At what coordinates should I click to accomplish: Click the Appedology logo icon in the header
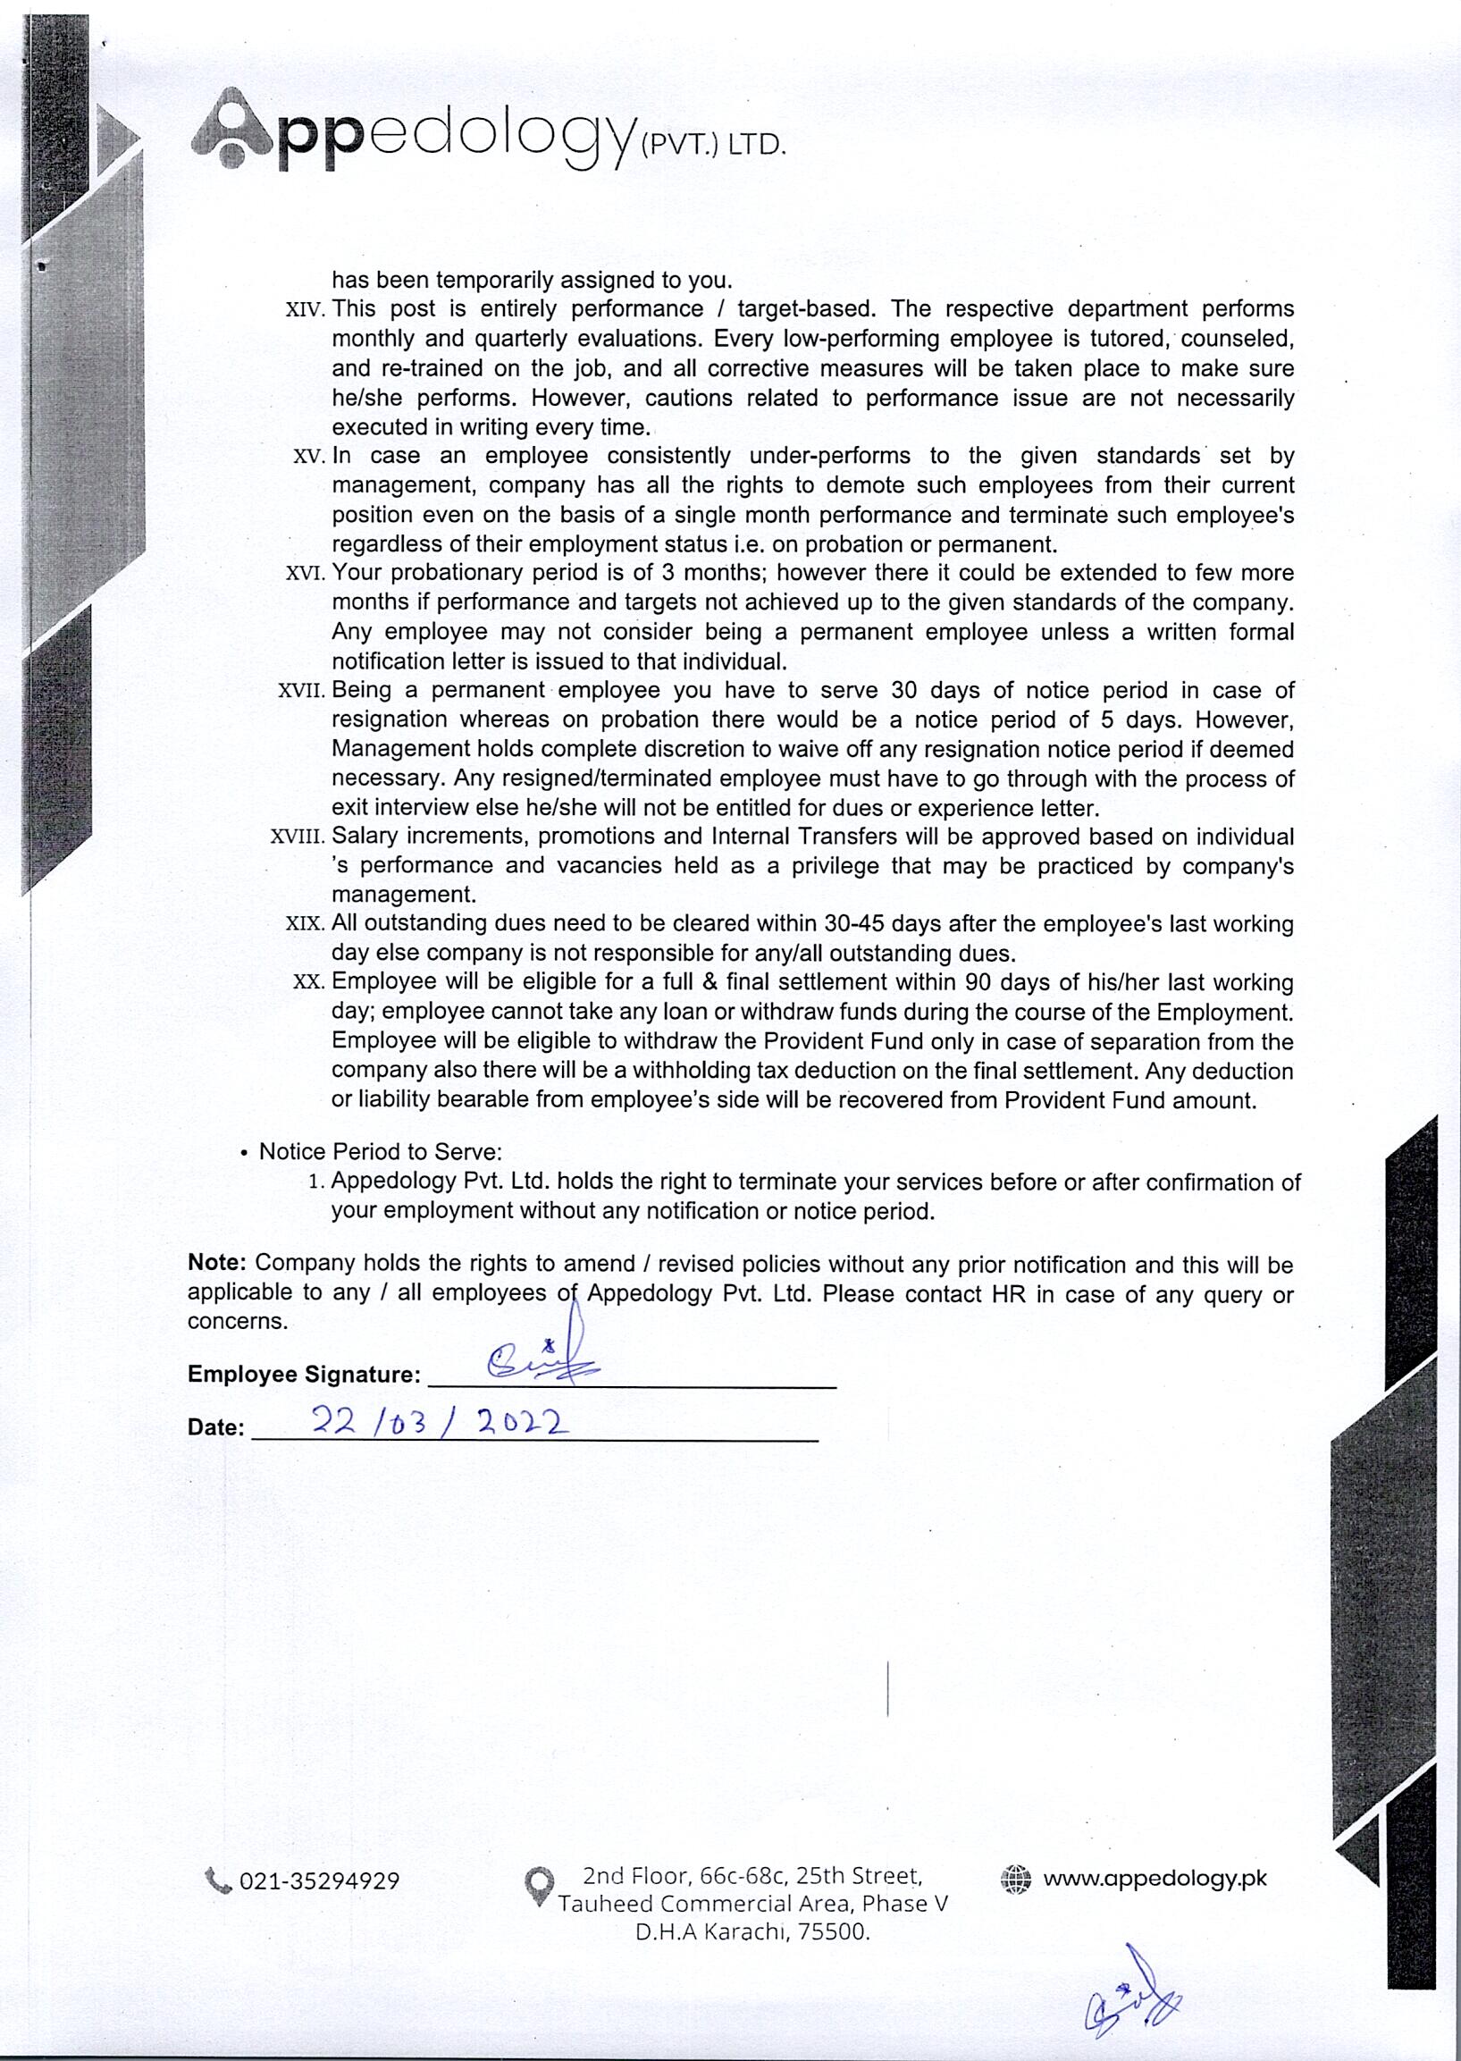232,130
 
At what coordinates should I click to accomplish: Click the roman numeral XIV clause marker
304,310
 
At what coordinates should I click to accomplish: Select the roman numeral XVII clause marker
300,692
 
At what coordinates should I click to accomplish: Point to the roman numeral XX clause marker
307,982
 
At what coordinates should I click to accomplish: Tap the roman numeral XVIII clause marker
297,837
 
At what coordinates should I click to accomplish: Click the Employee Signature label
304,1374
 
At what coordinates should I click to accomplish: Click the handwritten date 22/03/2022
440,1422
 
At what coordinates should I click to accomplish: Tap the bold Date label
216,1427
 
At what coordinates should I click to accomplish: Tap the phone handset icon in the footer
218,1880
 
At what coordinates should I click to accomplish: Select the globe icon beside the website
1016,1879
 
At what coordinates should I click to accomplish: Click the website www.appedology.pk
1155,1879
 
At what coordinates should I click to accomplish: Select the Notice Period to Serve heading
380,1152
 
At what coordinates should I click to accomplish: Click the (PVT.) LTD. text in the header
711,145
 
